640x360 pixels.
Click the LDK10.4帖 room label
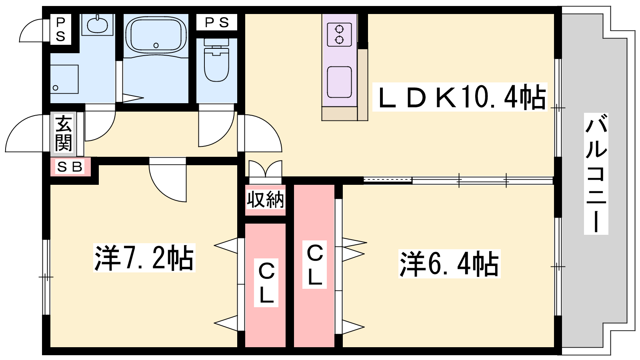460,97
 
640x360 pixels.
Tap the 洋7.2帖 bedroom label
144,258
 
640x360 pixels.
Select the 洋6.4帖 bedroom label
449,264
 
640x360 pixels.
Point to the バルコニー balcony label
596,173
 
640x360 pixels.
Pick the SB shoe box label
70,167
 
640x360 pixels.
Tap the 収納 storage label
265,200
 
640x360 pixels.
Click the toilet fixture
216,62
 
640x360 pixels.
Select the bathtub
156,35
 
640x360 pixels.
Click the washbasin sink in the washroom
97,25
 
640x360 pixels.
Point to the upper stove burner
339,29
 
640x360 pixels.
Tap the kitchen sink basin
339,82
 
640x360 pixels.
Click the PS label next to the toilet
216,22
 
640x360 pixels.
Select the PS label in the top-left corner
60,29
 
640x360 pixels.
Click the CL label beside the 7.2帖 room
266,283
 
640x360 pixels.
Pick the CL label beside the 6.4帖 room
315,265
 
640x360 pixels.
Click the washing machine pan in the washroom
64,79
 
